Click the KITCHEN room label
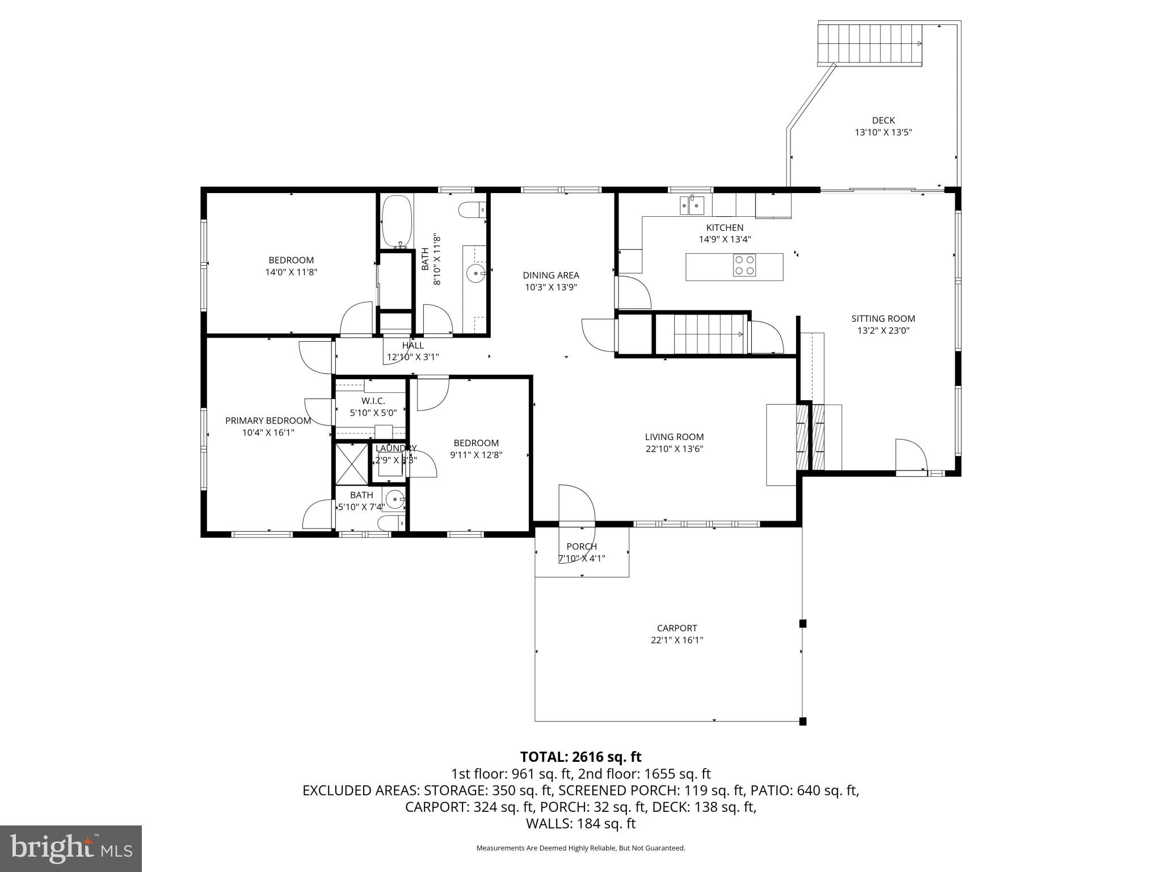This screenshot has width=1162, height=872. coord(725,228)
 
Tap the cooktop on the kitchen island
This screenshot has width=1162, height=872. coord(744,265)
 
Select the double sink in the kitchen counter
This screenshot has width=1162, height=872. coord(692,205)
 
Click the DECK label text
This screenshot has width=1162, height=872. coord(883,120)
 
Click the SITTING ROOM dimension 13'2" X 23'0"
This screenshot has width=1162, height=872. coord(883,330)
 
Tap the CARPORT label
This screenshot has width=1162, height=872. coord(677,628)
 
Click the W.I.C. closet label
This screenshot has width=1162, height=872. coord(373,401)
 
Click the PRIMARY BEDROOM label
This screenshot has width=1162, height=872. coord(268,421)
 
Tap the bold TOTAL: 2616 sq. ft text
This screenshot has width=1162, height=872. coord(580,757)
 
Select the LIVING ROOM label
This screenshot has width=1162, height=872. coord(674,437)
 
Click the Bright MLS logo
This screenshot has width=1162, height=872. coord(71,849)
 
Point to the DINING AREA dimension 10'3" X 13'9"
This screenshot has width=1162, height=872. coord(551,287)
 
